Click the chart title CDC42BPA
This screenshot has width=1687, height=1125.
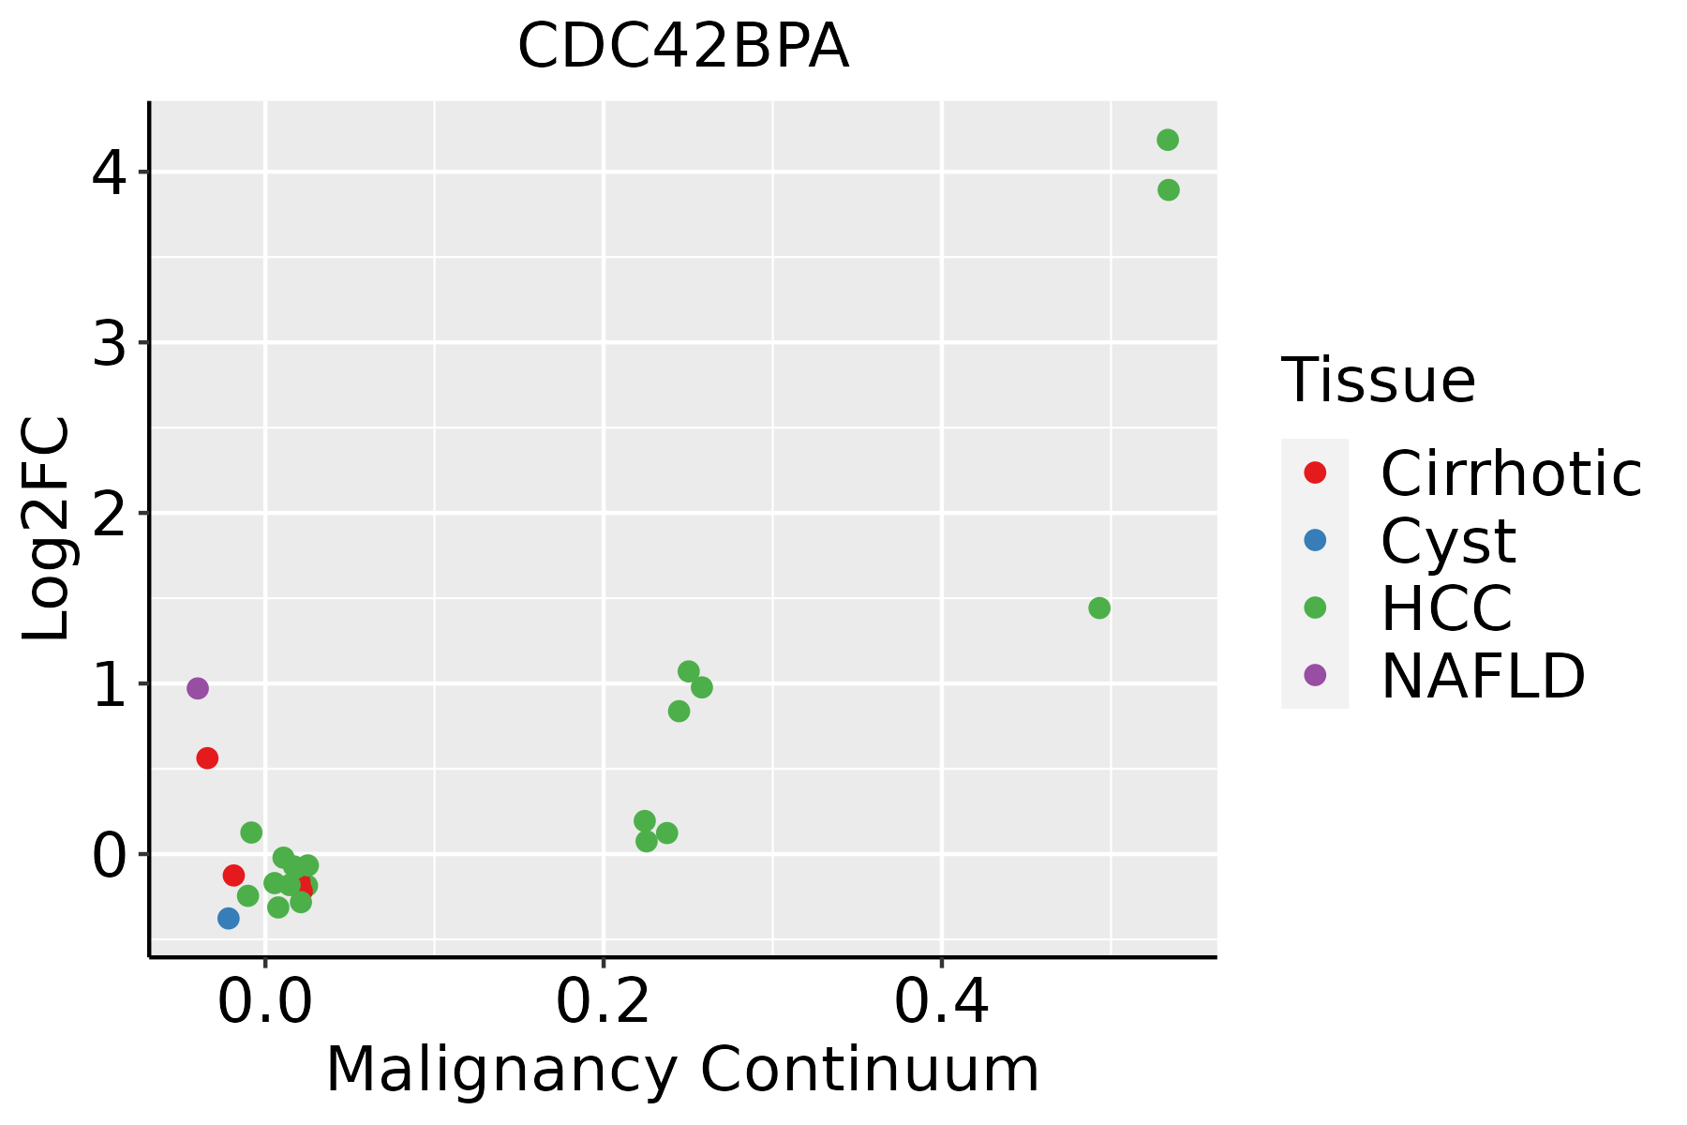pos(683,47)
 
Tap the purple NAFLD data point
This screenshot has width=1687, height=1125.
pos(197,688)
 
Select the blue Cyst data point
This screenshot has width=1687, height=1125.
pos(229,918)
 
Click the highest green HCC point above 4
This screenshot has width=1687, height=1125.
pos(1168,140)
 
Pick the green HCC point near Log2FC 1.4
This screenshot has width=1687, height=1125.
pos(1099,607)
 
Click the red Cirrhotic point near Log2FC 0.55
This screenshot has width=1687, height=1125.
pos(207,757)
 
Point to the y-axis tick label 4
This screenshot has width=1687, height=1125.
pos(109,172)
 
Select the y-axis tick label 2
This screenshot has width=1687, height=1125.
pos(109,514)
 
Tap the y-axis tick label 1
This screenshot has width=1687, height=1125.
pos(109,684)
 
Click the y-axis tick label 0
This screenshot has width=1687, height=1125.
pos(109,855)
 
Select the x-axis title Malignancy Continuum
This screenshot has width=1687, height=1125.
pos(682,1070)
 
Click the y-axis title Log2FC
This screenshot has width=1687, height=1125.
pos(47,529)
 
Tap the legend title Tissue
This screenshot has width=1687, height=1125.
pos(1378,380)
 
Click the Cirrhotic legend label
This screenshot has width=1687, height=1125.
pos(1511,473)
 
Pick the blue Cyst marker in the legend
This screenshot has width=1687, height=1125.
pos(1315,540)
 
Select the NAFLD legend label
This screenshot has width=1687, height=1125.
pos(1483,675)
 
